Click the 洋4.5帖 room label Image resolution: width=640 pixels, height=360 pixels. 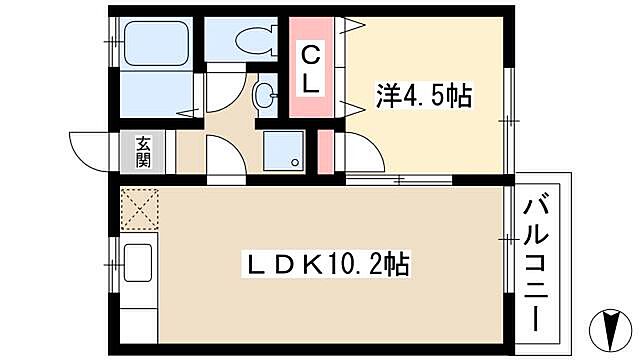click(x=424, y=97)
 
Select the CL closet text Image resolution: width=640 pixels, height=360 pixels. click(x=312, y=68)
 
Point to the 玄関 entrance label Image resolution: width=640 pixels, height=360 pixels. click(x=142, y=151)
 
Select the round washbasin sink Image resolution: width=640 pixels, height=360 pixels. click(x=265, y=98)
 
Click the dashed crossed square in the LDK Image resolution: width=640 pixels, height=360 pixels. click(x=137, y=210)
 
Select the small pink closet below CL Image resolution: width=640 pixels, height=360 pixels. click(x=325, y=151)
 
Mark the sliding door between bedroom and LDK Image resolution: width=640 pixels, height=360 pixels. click(x=400, y=180)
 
